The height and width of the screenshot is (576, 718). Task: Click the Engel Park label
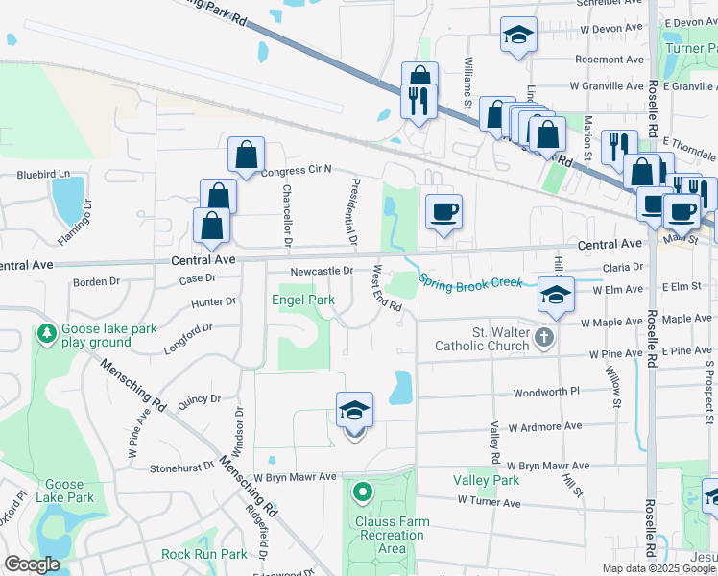pos(307,300)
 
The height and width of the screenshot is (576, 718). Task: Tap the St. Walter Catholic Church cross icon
pos(544,336)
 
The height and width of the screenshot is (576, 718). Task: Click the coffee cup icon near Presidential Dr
pos(443,211)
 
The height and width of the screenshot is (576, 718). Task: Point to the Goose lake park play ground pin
pos(45,333)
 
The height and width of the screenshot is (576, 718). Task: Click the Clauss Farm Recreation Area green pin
pos(362,493)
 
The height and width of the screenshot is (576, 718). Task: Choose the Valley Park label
pos(486,480)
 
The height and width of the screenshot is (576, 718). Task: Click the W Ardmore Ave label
pos(544,425)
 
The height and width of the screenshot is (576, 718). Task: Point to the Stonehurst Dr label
pos(179,468)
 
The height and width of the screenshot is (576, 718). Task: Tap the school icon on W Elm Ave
pos(554,292)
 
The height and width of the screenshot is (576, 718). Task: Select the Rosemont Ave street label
pos(610,60)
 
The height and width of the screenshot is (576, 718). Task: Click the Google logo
pos(31,564)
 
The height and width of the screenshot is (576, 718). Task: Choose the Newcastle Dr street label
pos(323,271)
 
